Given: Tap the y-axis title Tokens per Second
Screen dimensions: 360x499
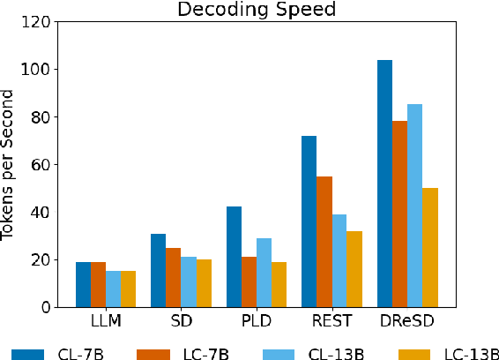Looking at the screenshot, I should [x=11, y=164].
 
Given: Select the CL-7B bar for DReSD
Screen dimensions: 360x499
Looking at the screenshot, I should [x=385, y=184].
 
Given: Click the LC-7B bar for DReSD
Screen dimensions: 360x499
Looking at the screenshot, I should [x=400, y=214].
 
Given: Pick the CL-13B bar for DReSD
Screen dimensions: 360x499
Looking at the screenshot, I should [x=415, y=206].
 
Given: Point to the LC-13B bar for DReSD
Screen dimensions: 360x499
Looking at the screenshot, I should [x=431, y=247].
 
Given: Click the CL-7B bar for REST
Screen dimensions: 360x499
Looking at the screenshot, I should [x=309, y=221].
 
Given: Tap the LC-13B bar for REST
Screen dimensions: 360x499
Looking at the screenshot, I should [x=355, y=269].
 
